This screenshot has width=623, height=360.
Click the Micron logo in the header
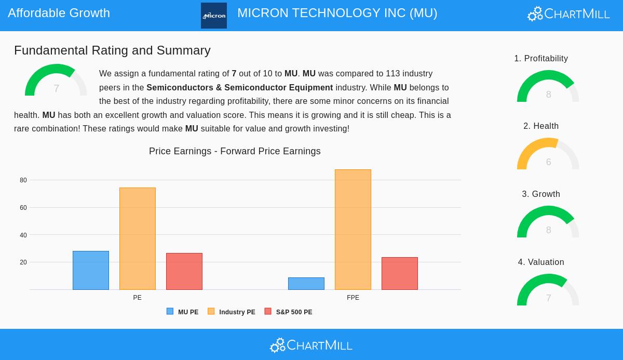214,16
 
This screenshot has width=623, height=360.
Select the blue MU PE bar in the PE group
91,270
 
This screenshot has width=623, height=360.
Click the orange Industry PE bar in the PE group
138,239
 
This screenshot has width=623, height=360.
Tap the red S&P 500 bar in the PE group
184,271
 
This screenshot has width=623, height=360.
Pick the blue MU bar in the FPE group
306,284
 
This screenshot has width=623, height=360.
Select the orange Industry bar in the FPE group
353,230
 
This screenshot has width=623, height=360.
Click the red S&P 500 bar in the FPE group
400,273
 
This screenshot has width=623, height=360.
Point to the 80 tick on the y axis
23,180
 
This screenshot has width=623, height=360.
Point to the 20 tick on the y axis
23,262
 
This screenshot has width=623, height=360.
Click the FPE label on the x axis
353,298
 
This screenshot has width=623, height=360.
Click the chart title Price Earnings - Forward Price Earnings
235,151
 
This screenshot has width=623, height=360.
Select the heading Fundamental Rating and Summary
112,50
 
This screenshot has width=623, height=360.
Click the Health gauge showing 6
548,154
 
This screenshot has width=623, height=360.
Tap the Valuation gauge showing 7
548,290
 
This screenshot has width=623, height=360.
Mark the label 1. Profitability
541,59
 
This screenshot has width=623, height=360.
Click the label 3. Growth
541,194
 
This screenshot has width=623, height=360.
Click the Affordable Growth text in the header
59,13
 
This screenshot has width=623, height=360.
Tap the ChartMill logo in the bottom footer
311,345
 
